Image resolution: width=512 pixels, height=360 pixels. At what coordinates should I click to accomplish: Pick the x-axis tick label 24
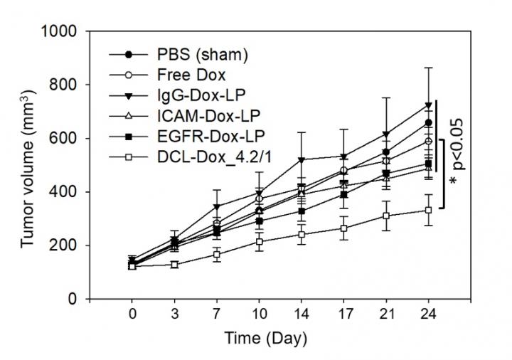click(x=429, y=314)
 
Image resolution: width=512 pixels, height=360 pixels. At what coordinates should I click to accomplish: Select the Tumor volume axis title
click(x=28, y=165)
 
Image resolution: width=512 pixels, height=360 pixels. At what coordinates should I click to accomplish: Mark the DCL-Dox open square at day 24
click(x=429, y=210)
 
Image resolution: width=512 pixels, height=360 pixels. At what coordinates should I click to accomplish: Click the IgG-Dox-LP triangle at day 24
click(x=429, y=105)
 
